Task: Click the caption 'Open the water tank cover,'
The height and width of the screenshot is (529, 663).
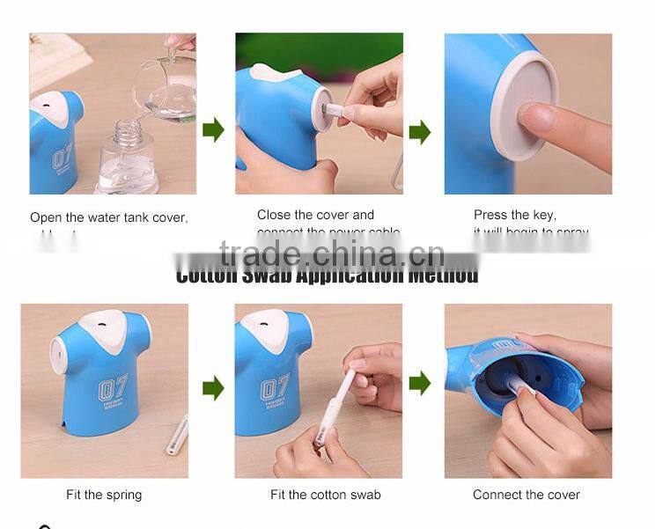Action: tap(109, 217)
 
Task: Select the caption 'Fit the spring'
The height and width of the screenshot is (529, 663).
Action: tap(104, 495)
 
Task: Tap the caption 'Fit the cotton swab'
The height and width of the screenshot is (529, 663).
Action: tap(325, 495)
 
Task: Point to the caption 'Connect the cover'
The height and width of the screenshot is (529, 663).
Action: tap(526, 495)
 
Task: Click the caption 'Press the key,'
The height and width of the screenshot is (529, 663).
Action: tap(514, 215)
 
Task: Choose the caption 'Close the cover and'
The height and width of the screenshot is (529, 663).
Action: tap(315, 215)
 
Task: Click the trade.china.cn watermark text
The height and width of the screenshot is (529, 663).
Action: tap(331, 255)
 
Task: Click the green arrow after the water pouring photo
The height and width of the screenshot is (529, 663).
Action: tap(213, 130)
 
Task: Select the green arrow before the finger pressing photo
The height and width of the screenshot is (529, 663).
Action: tap(420, 132)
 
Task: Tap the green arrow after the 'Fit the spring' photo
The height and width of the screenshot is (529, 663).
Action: tap(213, 387)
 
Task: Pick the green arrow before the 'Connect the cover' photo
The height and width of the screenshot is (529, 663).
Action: tap(420, 383)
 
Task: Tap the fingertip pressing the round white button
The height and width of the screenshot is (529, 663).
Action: tap(533, 116)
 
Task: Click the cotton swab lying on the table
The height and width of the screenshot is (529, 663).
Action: tap(177, 433)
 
